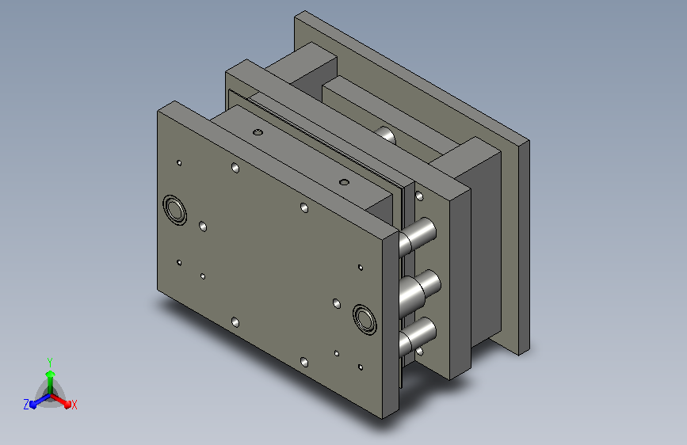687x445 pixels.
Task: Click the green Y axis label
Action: point(50,362)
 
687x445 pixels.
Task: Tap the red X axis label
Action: point(74,405)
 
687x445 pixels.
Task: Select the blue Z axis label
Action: point(26,405)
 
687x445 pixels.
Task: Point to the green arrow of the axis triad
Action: point(51,382)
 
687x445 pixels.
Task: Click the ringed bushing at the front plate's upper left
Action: point(174,211)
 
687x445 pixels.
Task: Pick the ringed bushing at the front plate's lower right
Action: point(364,320)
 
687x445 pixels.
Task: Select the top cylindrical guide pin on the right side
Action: point(418,237)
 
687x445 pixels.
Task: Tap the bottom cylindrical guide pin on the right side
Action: point(418,337)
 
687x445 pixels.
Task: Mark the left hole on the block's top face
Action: point(258,131)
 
